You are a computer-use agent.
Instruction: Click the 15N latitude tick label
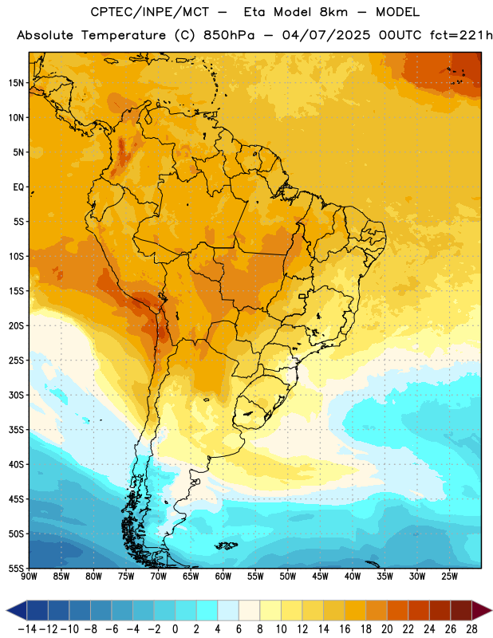coord(16,83)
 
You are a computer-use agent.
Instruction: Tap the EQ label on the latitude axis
coord(18,187)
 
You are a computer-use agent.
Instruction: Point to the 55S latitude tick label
coord(16,569)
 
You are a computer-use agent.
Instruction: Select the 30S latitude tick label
coord(16,395)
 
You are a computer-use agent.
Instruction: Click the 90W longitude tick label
coord(30,576)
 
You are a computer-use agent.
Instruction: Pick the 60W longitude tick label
coord(223,576)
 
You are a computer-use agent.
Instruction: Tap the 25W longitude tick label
coord(449,576)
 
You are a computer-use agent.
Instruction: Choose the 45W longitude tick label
coord(320,576)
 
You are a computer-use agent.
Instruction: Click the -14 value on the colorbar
coord(27,629)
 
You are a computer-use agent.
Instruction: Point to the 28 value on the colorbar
coord(471,629)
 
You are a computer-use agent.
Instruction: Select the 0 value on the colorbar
coord(176,629)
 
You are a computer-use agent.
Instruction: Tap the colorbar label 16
coord(345,629)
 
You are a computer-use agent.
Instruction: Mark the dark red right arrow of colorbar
coord(482,610)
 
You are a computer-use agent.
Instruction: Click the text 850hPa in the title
coord(229,35)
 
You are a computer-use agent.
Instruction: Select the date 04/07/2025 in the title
coord(326,35)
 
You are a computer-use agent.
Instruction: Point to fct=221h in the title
coord(461,35)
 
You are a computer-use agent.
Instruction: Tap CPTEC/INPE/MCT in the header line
coord(150,12)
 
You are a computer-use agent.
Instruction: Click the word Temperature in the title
coord(124,36)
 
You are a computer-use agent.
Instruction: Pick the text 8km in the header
coord(333,12)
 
